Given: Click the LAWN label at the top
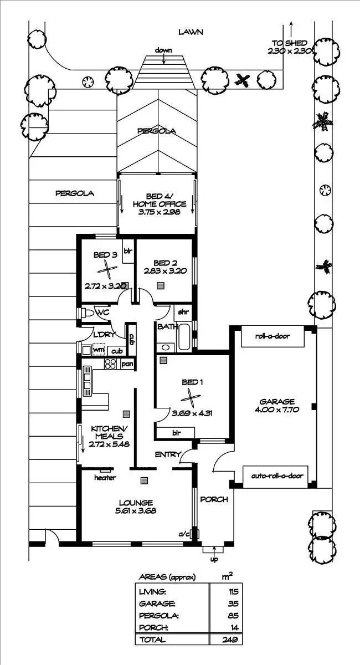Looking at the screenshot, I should (191, 32).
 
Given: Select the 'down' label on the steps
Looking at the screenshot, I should (163, 50).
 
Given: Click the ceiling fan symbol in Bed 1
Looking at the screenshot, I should (190, 397).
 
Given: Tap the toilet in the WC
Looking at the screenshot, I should (89, 313).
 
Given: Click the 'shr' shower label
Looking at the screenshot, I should (182, 312).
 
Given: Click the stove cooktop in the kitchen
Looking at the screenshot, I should (110, 364).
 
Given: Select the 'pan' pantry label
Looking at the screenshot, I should (127, 364).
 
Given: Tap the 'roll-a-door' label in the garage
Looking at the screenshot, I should (272, 336).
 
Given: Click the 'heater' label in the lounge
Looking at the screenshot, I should (105, 477).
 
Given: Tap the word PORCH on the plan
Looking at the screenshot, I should (214, 499).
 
